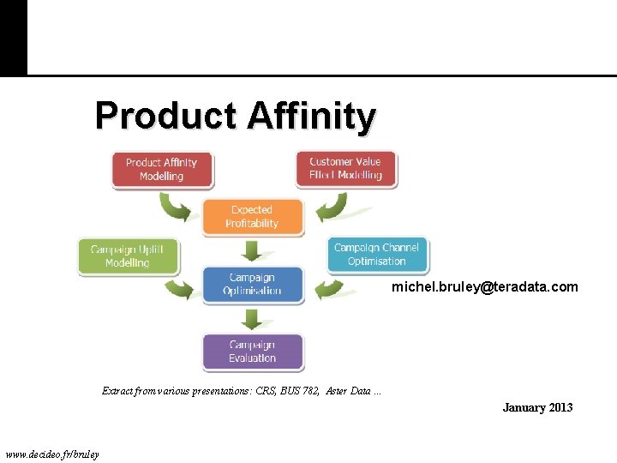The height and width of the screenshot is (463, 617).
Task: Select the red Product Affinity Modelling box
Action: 161,169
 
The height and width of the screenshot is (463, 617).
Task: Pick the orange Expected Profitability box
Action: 252,217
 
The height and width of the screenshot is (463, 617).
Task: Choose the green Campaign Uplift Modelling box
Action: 127,256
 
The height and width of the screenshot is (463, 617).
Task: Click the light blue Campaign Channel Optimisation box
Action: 376,255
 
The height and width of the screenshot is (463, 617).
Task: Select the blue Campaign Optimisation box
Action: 252,284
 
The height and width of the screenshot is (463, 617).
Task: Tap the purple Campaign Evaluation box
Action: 252,352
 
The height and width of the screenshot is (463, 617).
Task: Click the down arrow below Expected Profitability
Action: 252,250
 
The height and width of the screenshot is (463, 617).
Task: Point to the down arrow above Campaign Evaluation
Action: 252,318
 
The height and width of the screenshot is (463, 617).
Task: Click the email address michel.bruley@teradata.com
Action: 485,287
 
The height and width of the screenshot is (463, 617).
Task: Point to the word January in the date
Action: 520,407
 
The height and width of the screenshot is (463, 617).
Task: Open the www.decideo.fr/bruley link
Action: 52,454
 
